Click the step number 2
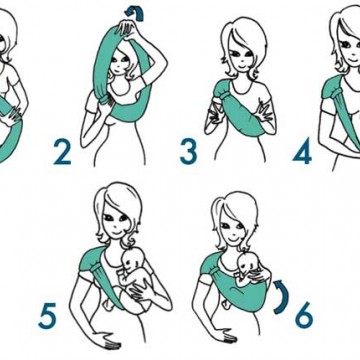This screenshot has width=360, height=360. click(62, 152)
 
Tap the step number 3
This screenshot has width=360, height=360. click(189, 152)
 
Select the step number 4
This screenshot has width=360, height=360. click(302, 152)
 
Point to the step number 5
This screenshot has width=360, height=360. click(47, 316)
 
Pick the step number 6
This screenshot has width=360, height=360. click(304, 315)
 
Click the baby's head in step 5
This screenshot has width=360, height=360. click(133, 259)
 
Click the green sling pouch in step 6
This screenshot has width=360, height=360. click(242, 293)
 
